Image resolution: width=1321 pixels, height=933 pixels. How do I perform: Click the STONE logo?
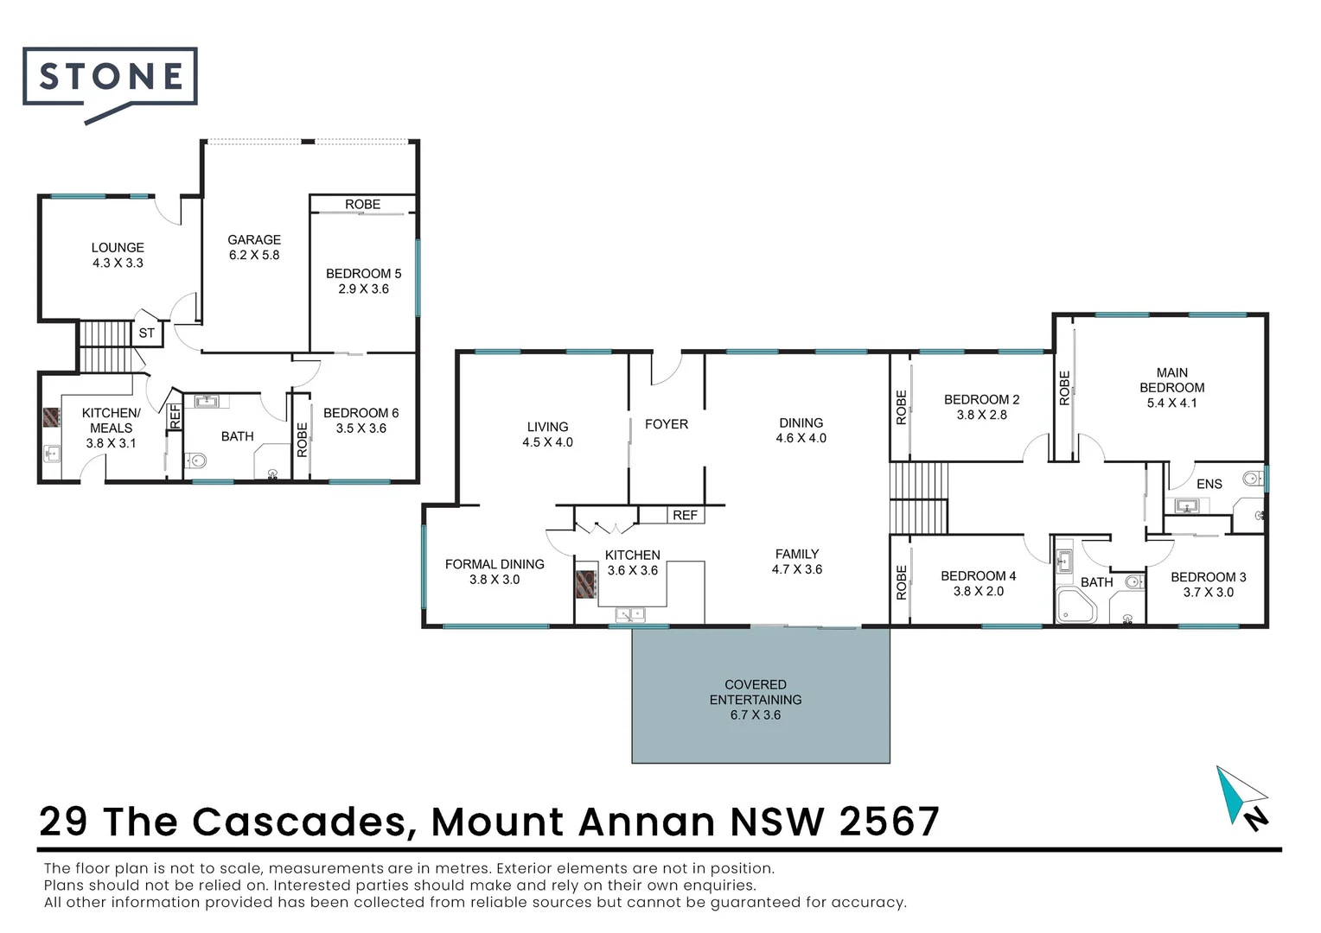110,79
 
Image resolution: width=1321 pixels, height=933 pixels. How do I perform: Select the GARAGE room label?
254,240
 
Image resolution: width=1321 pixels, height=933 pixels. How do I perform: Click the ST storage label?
147,333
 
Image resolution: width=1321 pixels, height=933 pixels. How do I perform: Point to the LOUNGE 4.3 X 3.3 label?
118,255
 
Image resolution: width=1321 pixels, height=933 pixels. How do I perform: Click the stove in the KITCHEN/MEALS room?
49,417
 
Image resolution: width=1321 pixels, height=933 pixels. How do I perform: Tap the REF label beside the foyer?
685,515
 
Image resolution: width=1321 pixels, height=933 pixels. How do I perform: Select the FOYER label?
667,424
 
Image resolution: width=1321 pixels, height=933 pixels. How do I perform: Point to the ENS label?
1209,484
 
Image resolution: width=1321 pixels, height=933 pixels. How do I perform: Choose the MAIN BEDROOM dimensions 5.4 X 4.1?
1171,403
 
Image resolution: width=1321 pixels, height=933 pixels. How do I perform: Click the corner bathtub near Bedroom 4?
1075,606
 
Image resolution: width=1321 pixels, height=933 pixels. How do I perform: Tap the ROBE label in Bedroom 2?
901,407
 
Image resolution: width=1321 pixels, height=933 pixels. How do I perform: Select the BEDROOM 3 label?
1208,577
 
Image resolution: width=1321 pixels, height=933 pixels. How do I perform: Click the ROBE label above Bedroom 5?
362,205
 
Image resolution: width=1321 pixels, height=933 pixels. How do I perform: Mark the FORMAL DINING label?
495,564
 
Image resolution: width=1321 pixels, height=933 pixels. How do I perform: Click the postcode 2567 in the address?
890,822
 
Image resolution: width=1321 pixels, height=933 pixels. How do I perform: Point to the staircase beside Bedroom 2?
919,498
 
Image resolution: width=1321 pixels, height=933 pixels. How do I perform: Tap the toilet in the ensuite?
1249,478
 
